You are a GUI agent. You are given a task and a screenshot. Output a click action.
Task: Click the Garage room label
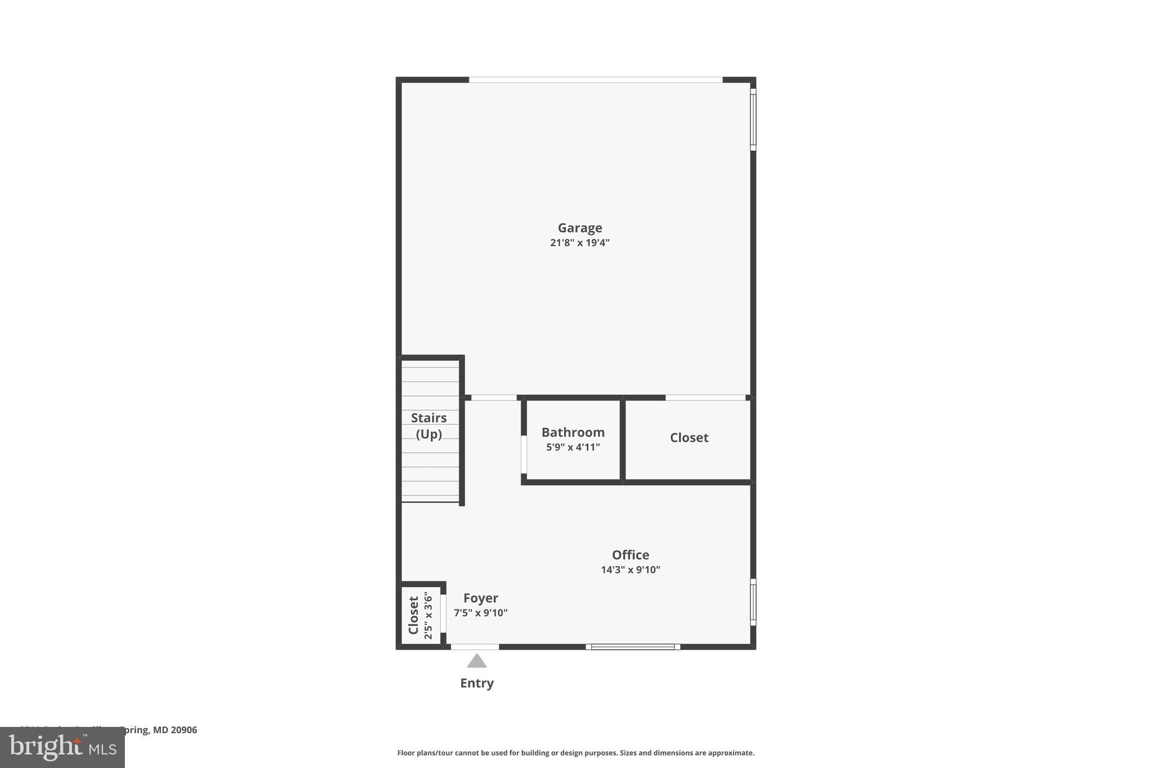tap(579, 228)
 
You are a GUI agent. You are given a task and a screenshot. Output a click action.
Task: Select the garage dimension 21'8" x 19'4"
tap(579, 243)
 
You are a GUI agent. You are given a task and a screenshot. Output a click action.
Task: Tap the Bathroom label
tap(573, 433)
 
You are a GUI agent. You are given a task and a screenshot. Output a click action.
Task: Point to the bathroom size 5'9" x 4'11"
tap(573, 447)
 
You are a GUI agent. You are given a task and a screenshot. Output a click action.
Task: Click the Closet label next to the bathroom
tap(688, 438)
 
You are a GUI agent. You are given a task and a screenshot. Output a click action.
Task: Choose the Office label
tap(630, 555)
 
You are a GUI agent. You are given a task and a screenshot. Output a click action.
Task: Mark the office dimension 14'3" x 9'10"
tap(630, 570)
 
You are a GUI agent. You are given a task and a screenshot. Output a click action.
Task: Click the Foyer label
tap(480, 598)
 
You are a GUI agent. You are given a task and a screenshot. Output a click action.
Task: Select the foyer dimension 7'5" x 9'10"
tap(480, 613)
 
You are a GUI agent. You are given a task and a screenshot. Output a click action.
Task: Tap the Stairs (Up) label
tap(429, 426)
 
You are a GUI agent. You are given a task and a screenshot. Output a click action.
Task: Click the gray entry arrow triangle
tap(476, 661)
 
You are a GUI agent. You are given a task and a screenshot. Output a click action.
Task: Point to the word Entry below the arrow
tap(476, 683)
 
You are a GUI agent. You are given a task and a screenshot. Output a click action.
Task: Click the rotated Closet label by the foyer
tap(413, 616)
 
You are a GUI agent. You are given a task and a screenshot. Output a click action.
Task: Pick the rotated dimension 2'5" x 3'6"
tap(428, 616)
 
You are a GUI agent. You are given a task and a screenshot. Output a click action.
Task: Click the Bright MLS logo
tap(62, 748)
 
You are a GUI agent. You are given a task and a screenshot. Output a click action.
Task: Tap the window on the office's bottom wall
tap(633, 647)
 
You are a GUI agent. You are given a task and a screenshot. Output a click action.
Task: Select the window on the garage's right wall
tap(753, 119)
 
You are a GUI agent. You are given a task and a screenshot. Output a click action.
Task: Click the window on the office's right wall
tap(753, 602)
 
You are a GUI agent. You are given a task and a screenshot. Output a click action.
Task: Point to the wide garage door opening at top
tap(595, 80)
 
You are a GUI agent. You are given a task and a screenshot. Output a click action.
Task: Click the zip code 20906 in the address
tap(184, 730)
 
